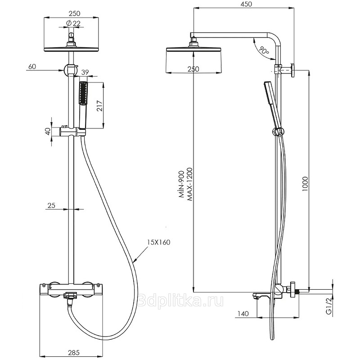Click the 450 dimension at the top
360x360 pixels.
pos(245,4)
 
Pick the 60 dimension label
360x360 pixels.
pos(31,66)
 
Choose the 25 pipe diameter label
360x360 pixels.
pos(51,205)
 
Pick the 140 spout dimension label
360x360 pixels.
pos(243,314)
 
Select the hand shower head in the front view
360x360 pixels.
pos(83,94)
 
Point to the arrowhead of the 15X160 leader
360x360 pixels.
pos(134,260)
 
